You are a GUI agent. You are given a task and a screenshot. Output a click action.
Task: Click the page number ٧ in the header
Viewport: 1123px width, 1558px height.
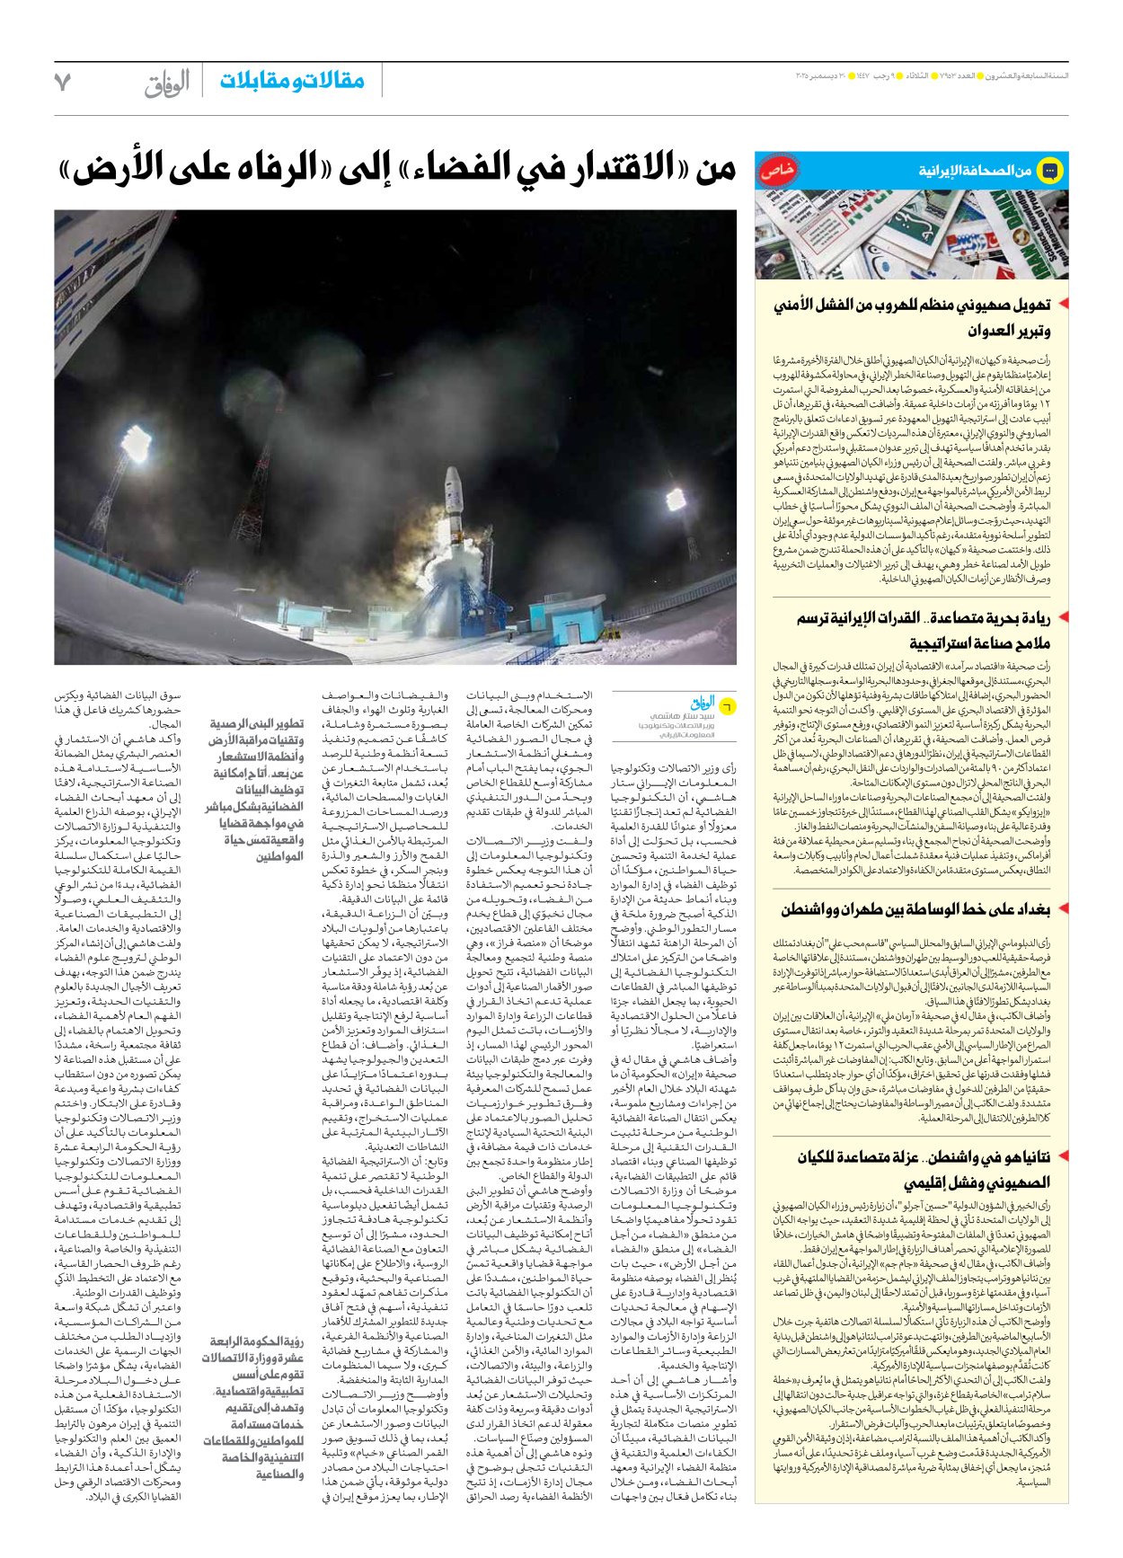coord(63,82)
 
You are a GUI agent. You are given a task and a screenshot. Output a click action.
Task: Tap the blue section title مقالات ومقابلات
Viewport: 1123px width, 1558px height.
coord(292,81)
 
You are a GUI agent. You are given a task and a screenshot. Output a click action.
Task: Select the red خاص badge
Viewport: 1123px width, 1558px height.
coord(776,171)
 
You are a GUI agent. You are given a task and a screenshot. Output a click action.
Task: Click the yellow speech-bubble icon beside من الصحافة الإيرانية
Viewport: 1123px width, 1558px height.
coord(1049,170)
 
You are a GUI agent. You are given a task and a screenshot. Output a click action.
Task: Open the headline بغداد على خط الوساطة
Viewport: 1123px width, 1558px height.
coord(915,909)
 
